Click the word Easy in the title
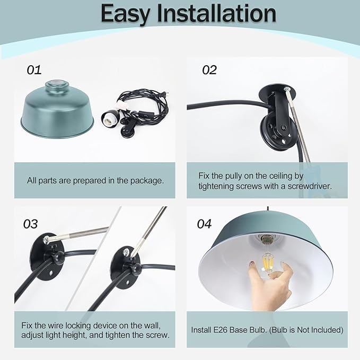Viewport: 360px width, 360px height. click(x=125, y=14)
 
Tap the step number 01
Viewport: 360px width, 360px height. click(x=34, y=70)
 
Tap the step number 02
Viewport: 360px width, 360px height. click(x=209, y=70)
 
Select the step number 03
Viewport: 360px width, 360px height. click(x=31, y=224)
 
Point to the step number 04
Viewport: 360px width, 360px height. click(x=204, y=224)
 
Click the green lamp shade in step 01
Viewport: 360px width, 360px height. click(x=57, y=110)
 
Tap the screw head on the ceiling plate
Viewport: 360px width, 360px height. click(x=287, y=89)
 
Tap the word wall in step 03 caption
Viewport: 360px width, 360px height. click(x=154, y=326)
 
